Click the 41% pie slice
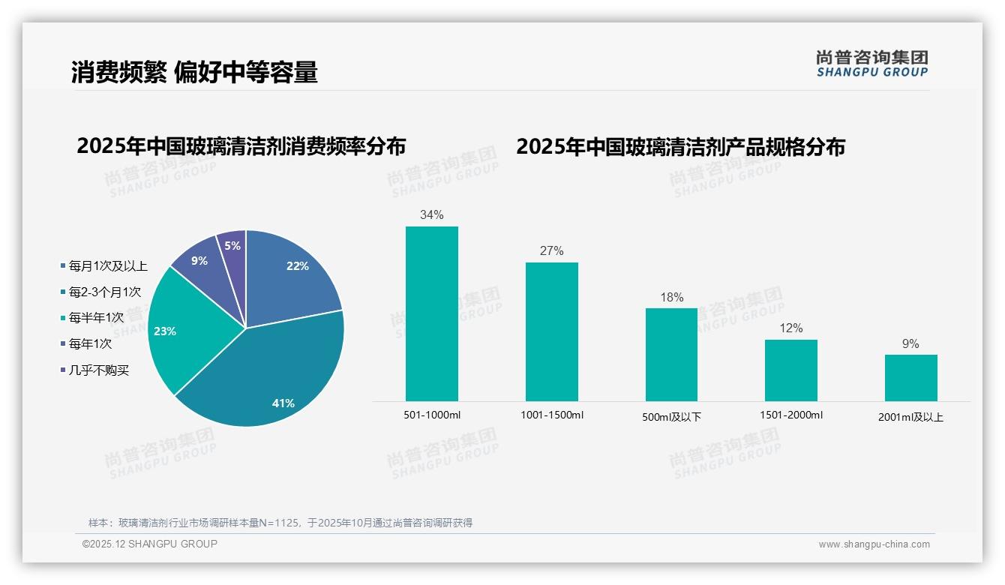(x=270, y=382)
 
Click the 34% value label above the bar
(x=431, y=215)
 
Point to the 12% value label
(x=790, y=328)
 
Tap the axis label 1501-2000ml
(x=790, y=415)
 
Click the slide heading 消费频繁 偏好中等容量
(x=195, y=72)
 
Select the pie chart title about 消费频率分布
(x=241, y=146)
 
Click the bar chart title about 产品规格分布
(x=680, y=146)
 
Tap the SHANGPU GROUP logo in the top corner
(x=871, y=64)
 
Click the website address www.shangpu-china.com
(x=874, y=544)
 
